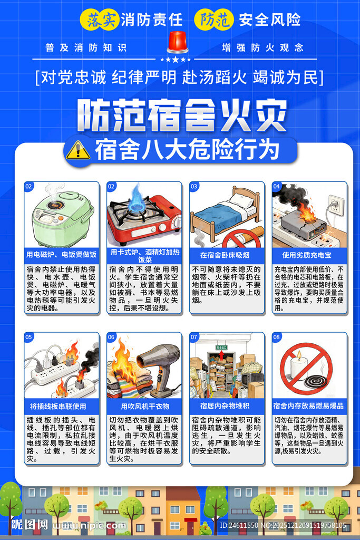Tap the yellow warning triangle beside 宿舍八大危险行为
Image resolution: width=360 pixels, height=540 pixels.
78,150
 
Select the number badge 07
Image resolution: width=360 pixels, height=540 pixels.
194,337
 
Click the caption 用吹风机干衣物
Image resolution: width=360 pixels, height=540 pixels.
144,406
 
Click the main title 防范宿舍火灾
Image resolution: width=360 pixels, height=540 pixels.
182,115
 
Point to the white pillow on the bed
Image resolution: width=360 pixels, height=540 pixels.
242,201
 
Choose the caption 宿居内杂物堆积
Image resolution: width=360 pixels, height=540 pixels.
227,406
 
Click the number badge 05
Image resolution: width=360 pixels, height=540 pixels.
29,337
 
